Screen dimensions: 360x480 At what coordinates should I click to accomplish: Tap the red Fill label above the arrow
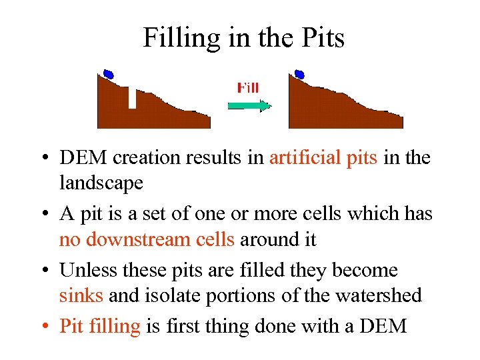pos(248,87)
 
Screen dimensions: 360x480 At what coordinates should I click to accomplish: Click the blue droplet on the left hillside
pos(108,74)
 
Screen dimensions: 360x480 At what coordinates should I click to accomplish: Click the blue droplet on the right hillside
pos(299,74)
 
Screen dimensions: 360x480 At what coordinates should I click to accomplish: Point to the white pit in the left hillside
pos(132,98)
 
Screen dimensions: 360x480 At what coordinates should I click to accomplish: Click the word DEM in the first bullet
pos(81,158)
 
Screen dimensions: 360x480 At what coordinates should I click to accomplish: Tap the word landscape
pos(101,183)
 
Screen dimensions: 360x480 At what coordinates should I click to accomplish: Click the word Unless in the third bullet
pos(83,271)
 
